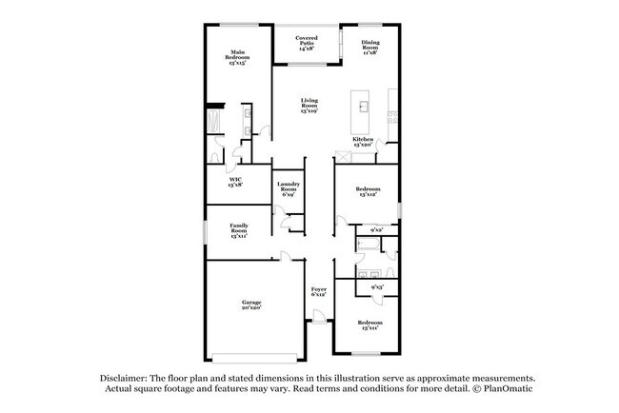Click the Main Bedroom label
pos(237,56)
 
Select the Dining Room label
pos(371,48)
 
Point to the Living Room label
pos(309,105)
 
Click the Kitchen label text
pos(363,142)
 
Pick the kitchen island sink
pos(363,104)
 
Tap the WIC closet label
pos(234,183)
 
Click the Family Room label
pos(238,230)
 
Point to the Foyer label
pos(318,291)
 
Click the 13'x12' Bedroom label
pos(369,192)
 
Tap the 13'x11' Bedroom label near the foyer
pos(369,325)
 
